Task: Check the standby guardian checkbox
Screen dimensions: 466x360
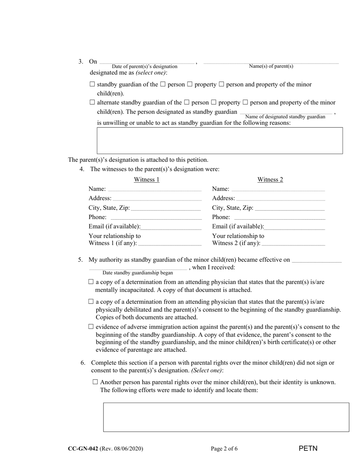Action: coord(92,84)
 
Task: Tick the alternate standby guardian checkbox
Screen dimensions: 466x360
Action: coord(92,102)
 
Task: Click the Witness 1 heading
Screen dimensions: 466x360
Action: coord(147,180)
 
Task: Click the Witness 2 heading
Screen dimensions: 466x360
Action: coord(270,180)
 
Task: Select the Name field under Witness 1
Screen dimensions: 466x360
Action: coord(155,189)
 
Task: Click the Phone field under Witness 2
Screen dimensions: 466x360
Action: coord(280,217)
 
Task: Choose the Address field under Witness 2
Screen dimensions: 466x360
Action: coord(280,198)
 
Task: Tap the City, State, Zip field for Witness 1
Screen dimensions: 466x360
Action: coord(166,208)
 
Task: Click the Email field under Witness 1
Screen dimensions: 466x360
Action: coord(171,227)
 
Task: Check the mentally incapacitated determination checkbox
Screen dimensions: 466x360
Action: coord(91,282)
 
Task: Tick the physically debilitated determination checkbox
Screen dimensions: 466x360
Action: coord(91,302)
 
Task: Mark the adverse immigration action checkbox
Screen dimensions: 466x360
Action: coord(91,327)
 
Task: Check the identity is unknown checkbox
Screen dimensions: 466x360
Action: coord(95,382)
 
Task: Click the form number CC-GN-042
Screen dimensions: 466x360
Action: coord(83,449)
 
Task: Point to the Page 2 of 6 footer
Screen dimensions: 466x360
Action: coord(224,449)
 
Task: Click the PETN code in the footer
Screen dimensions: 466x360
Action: coord(308,449)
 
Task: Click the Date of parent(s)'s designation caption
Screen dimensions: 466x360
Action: coord(144,67)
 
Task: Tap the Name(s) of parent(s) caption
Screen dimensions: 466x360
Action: coord(271,66)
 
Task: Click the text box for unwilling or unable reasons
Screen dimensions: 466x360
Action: coord(220,141)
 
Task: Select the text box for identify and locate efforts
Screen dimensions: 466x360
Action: coord(226,417)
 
